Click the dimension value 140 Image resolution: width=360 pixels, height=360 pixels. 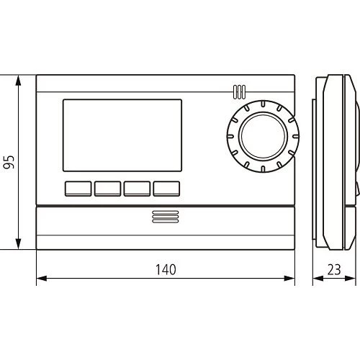click(166, 270)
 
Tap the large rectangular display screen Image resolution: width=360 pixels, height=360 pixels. click(121, 135)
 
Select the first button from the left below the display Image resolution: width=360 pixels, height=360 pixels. click(78, 189)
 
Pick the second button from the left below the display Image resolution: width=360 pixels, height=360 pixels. click(107, 189)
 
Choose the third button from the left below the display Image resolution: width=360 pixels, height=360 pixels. click(137, 189)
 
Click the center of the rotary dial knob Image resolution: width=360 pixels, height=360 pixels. click(261, 137)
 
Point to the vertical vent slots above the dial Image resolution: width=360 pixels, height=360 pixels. click(239, 92)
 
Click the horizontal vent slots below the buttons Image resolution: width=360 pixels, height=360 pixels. click(165, 219)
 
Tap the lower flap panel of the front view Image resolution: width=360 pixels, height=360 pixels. click(165, 228)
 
